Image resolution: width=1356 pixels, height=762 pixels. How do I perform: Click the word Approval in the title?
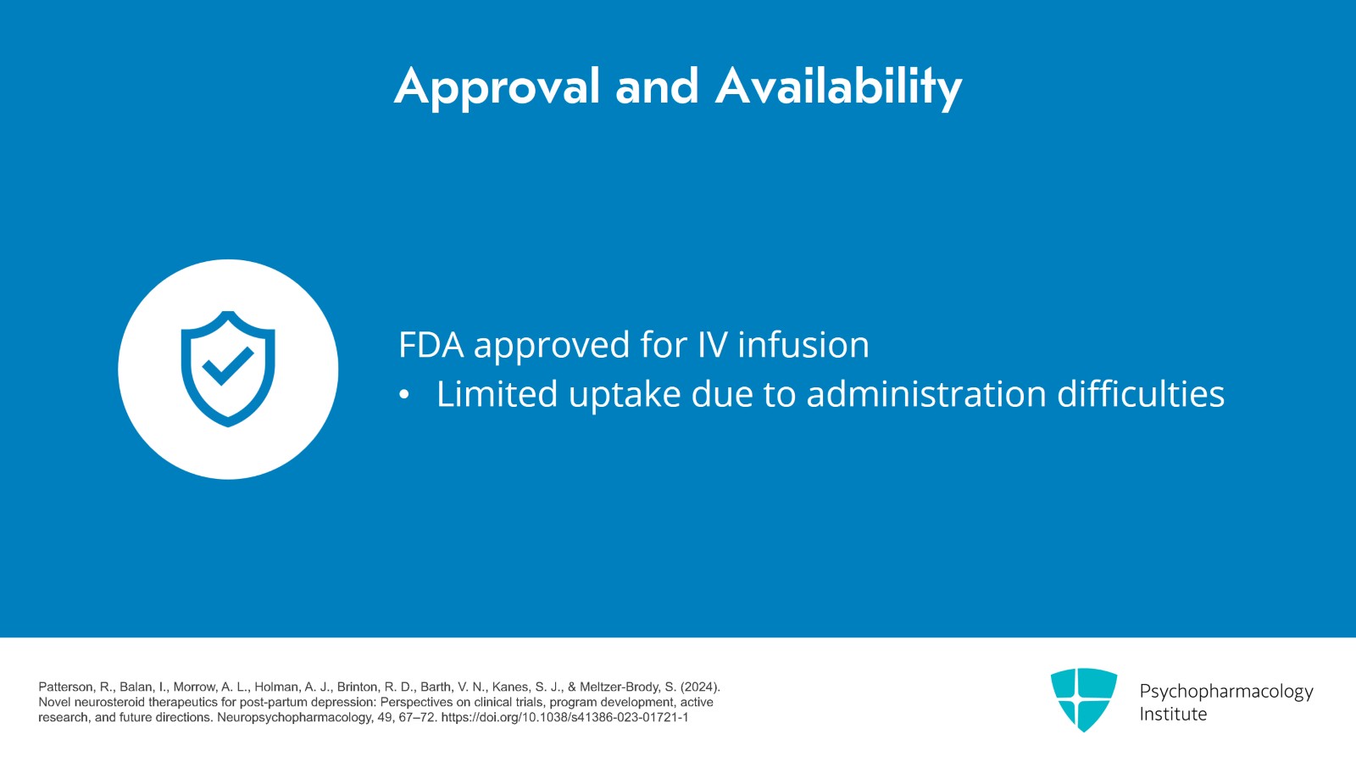pos(497,88)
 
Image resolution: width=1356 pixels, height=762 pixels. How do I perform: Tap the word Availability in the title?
pos(838,88)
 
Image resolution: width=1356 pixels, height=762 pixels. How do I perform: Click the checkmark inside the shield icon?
pos(228,365)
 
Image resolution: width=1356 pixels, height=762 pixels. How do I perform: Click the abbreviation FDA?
pos(431,345)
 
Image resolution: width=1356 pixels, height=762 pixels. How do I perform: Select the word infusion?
pos(803,344)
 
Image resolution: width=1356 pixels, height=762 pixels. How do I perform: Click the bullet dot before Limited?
pos(404,395)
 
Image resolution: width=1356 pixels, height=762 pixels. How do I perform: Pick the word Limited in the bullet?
pos(497,394)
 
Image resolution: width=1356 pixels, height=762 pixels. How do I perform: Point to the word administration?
pos(926,394)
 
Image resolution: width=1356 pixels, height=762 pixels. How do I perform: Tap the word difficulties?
pos(1141,394)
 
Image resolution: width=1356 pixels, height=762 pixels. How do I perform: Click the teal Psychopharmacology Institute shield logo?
pos(1084,699)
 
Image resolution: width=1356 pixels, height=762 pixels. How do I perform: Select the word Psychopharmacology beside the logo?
pos(1226,692)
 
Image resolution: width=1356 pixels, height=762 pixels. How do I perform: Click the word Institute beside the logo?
pos(1173,715)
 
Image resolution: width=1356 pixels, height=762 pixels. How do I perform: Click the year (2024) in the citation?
pos(700,687)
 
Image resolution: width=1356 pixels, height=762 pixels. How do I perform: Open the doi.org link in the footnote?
pos(564,718)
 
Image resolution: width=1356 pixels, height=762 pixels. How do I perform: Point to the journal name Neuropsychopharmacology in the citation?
pos(295,718)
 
